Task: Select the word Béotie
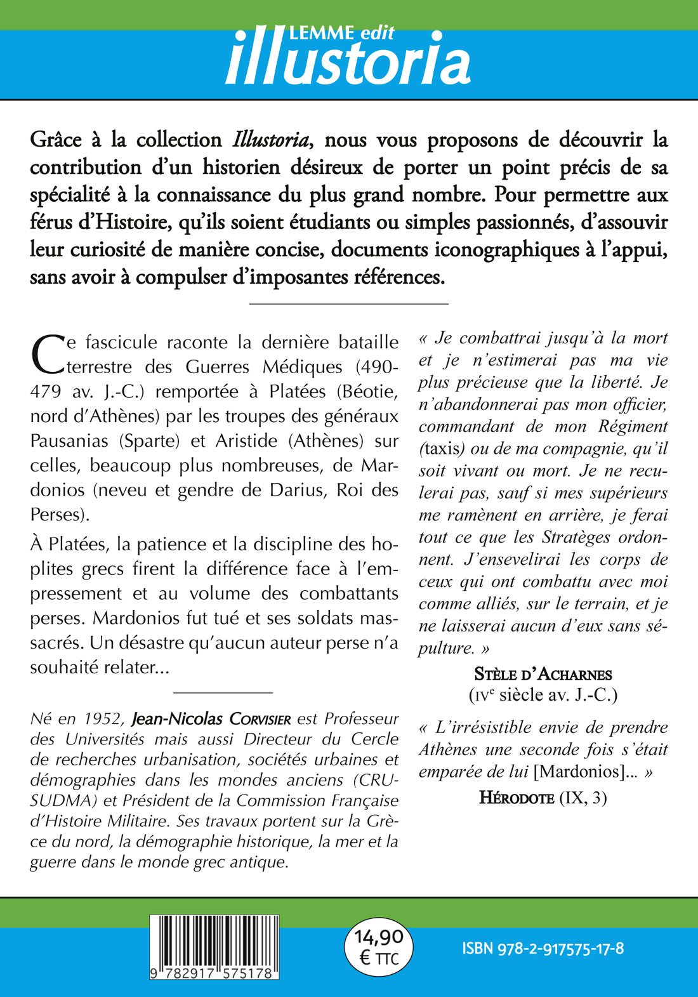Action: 370,392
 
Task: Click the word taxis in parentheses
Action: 442,449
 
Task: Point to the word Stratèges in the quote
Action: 575,537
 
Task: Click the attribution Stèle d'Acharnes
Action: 543,675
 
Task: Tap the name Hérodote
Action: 517,798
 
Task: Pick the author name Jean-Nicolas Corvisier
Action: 211,719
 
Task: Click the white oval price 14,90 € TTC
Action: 379,947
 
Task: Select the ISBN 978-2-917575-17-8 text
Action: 543,949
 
